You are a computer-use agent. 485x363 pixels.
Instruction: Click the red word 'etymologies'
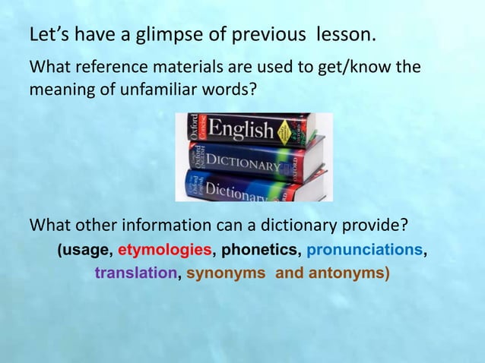(165, 249)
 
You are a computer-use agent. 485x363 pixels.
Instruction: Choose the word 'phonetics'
(259, 249)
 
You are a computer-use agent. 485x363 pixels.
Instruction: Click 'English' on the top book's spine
(242, 128)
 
